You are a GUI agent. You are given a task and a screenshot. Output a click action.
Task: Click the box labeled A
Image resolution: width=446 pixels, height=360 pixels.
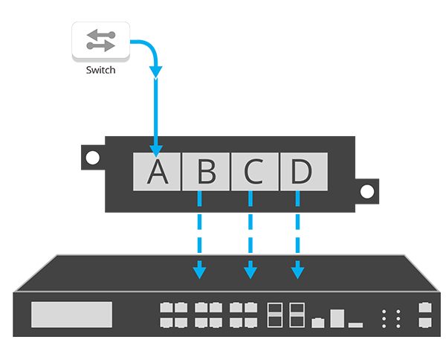click(156, 171)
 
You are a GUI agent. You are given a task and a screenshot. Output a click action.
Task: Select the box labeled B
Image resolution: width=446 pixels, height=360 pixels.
click(205, 171)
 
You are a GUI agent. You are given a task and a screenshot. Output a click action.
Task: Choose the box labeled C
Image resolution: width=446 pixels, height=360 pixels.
click(253, 171)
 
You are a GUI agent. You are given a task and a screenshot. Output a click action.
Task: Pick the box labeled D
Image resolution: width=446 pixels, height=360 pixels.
click(302, 171)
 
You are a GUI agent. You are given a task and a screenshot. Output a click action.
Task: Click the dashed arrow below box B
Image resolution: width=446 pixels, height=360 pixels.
click(199, 231)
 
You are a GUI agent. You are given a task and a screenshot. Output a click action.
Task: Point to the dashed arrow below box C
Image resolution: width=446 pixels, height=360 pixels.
click(251, 231)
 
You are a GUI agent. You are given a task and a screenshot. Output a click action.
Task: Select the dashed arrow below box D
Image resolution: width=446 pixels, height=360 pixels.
click(297, 231)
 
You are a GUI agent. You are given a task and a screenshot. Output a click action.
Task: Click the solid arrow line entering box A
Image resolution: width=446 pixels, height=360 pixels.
click(156, 112)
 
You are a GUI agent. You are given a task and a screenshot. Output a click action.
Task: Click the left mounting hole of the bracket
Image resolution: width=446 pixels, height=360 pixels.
click(92, 158)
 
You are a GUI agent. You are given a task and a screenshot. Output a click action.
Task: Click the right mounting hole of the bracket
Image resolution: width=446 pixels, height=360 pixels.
click(366, 191)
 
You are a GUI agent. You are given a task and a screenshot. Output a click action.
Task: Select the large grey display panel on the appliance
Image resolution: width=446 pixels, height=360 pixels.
click(71, 314)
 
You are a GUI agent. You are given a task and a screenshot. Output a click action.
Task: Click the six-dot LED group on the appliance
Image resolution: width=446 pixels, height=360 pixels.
click(390, 318)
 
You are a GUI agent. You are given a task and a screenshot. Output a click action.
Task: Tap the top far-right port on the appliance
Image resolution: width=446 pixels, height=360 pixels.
click(424, 307)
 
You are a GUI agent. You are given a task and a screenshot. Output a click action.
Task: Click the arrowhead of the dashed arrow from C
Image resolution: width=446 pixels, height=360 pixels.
click(251, 271)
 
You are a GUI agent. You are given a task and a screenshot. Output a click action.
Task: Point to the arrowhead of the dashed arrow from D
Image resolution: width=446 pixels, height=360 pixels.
click(297, 271)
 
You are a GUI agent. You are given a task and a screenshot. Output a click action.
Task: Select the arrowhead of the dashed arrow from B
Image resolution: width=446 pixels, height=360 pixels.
click(199, 271)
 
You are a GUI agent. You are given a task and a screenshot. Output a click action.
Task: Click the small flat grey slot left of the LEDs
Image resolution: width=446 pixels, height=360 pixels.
click(355, 324)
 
